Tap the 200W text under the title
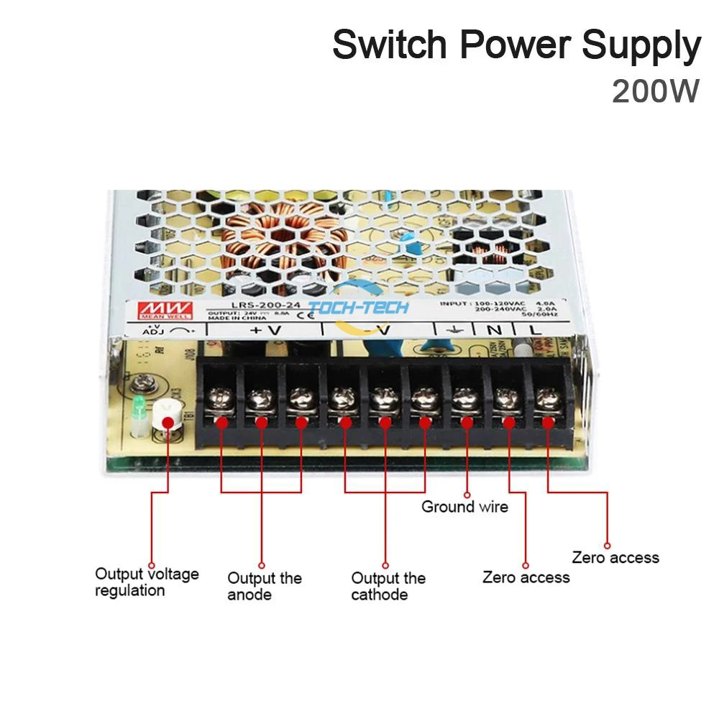click(655, 91)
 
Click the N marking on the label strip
click(494, 330)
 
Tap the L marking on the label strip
click(536, 330)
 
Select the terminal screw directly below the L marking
click(549, 396)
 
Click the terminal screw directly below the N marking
click(508, 396)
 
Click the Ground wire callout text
click(464, 507)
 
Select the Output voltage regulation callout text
click(147, 582)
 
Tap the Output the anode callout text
click(264, 586)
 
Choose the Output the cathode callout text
click(388, 586)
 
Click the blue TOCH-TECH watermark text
click(358, 308)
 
